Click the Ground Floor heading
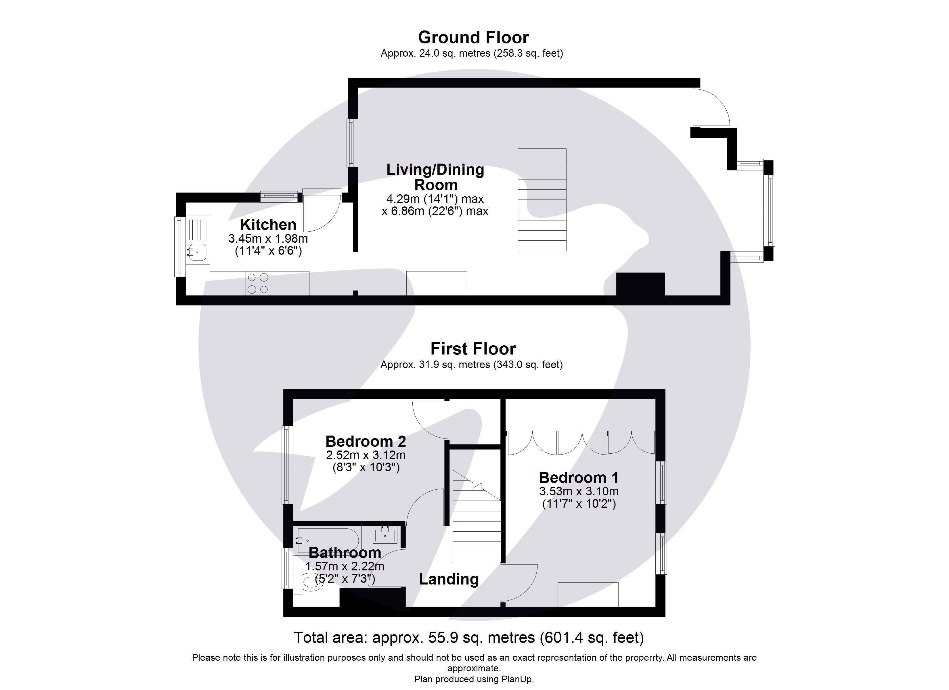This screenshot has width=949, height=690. click(473, 38)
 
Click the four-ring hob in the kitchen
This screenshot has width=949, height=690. click(258, 283)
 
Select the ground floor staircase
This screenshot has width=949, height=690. click(542, 200)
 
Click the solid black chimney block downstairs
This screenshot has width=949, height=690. click(640, 285)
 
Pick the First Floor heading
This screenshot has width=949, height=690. click(473, 348)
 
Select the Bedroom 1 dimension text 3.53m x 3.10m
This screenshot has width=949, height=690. click(579, 491)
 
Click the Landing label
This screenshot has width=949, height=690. click(449, 579)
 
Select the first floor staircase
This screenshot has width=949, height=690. click(477, 531)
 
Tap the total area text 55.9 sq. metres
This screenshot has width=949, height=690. click(469, 637)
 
